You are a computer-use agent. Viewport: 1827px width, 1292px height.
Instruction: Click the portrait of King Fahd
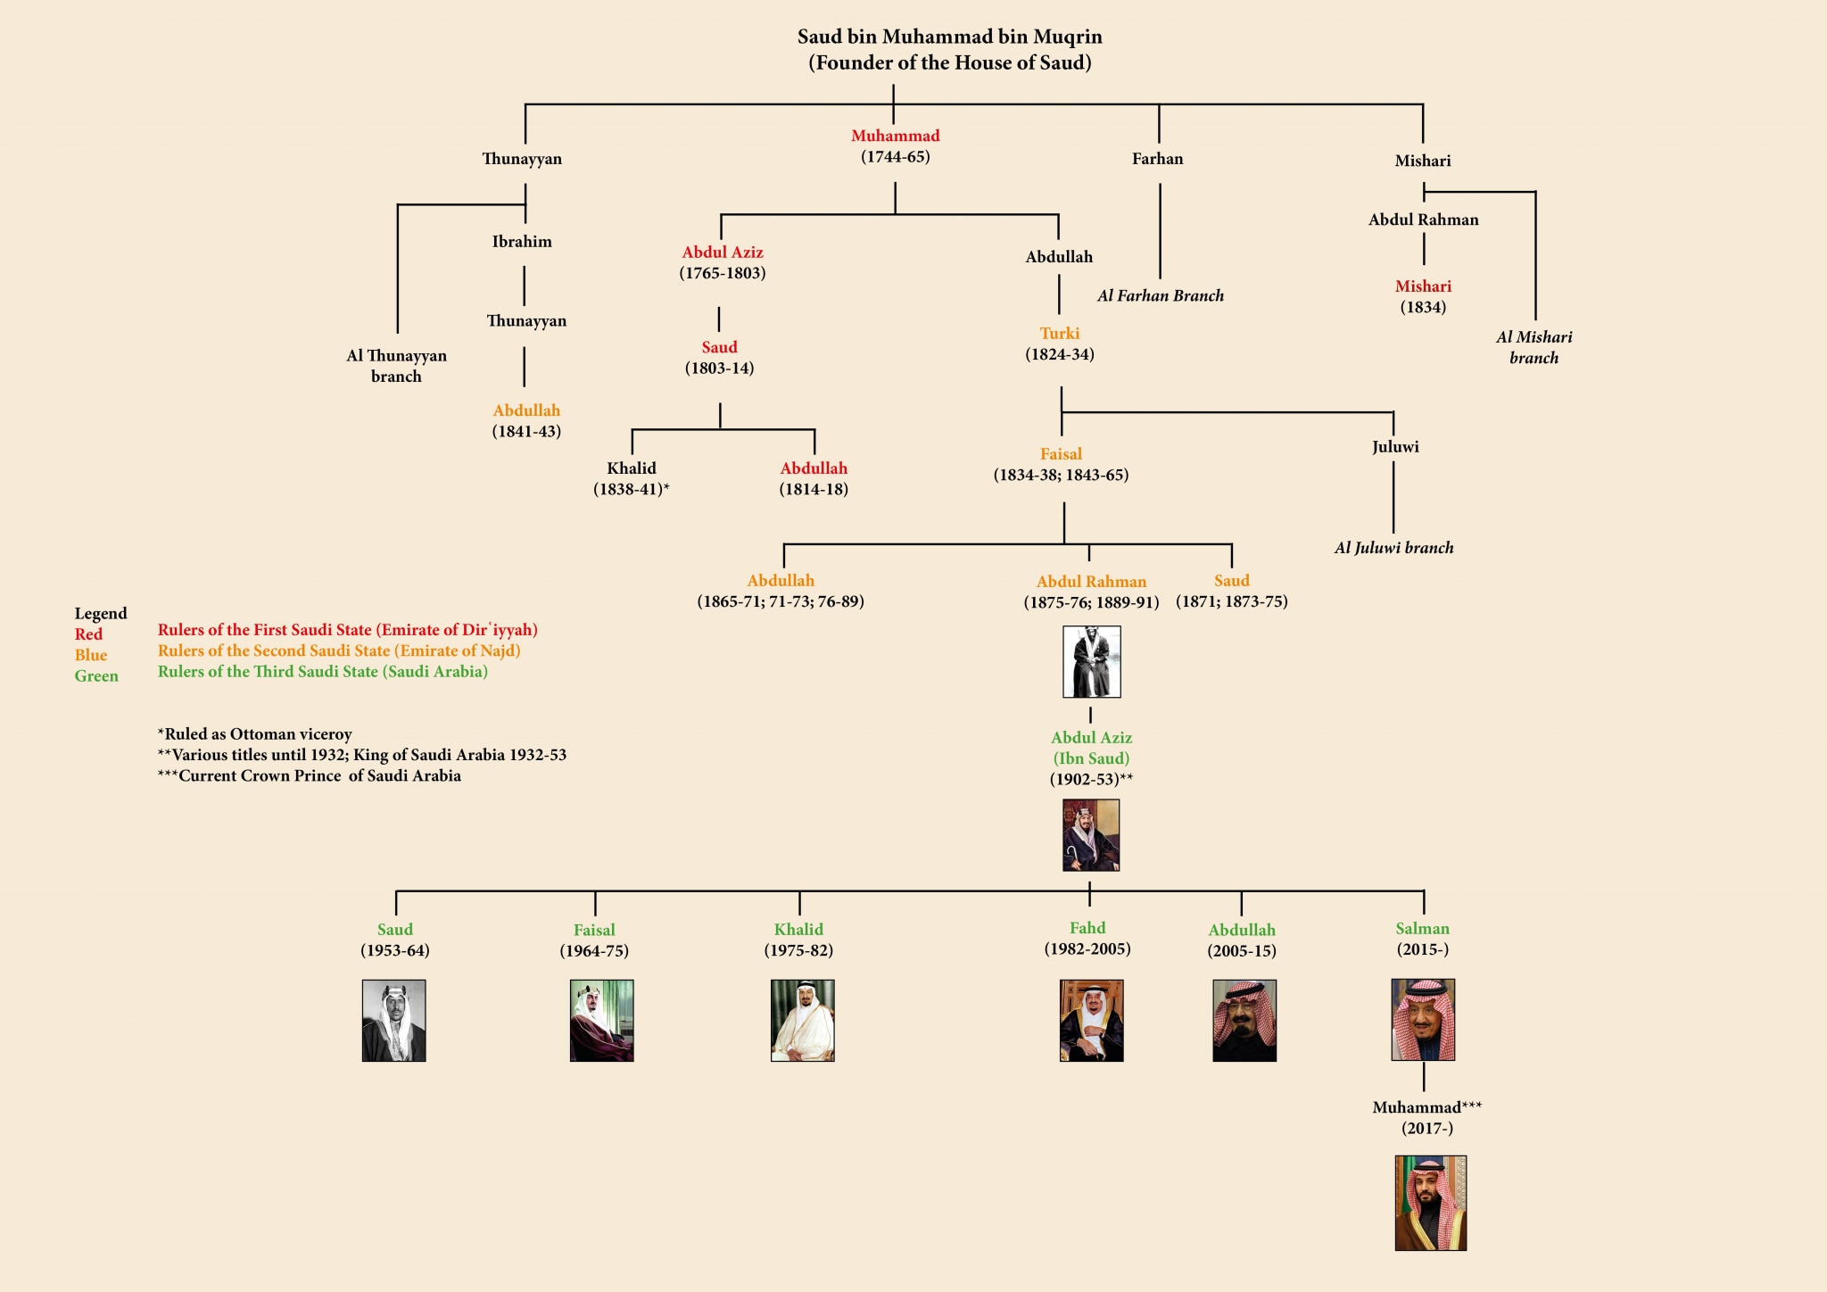click(x=1091, y=1021)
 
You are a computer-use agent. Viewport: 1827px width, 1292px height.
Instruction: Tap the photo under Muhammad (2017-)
click(x=1431, y=1203)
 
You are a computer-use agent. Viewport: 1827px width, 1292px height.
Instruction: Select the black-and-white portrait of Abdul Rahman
click(x=1092, y=661)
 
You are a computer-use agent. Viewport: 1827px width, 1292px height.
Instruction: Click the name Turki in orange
click(x=1060, y=334)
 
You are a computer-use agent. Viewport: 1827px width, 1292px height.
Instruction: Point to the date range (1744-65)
click(x=896, y=157)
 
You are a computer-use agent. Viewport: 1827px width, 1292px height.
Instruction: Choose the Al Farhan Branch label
click(x=1161, y=295)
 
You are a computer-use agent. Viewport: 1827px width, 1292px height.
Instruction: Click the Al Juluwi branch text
click(x=1394, y=548)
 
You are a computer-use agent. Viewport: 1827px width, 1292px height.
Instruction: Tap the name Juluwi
click(x=1395, y=447)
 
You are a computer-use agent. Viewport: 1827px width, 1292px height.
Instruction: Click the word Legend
click(x=101, y=614)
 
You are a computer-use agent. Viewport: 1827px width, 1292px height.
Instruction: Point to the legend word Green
click(x=96, y=676)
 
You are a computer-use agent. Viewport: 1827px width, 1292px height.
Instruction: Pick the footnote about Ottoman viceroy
click(x=255, y=734)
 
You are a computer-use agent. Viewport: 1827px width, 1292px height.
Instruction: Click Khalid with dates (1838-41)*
click(x=632, y=478)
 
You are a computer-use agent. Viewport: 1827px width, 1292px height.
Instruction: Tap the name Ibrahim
click(x=522, y=242)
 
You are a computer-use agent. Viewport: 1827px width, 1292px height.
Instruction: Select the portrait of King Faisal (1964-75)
click(x=602, y=1021)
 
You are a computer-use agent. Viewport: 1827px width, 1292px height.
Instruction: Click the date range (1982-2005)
click(x=1087, y=949)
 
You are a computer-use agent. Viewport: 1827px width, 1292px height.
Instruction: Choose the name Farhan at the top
click(x=1158, y=159)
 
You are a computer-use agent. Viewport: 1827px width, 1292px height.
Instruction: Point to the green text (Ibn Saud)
click(x=1092, y=758)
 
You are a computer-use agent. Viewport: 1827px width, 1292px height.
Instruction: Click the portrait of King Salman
click(x=1423, y=1020)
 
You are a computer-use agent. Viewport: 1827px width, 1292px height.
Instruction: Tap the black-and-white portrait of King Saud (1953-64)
click(x=394, y=1021)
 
